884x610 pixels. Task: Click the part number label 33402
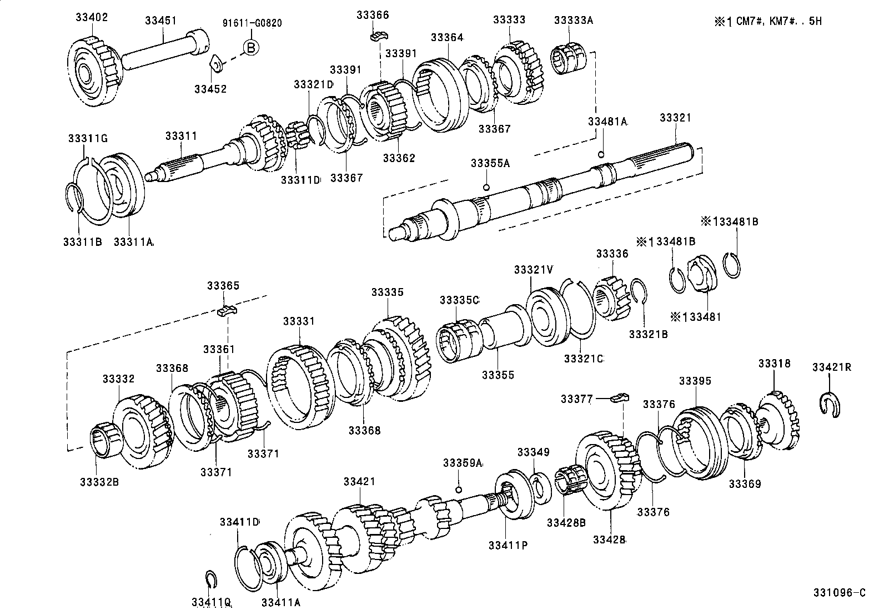coord(92,18)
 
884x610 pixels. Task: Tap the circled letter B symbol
coord(250,48)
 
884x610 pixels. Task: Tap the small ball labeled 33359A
coord(459,489)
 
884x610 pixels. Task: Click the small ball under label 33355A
coord(486,186)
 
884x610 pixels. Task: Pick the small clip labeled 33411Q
coord(210,579)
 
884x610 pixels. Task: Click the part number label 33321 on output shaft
coord(675,118)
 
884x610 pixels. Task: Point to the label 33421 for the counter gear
coord(359,482)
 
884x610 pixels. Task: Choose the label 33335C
coord(459,300)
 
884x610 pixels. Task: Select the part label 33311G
coord(85,138)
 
